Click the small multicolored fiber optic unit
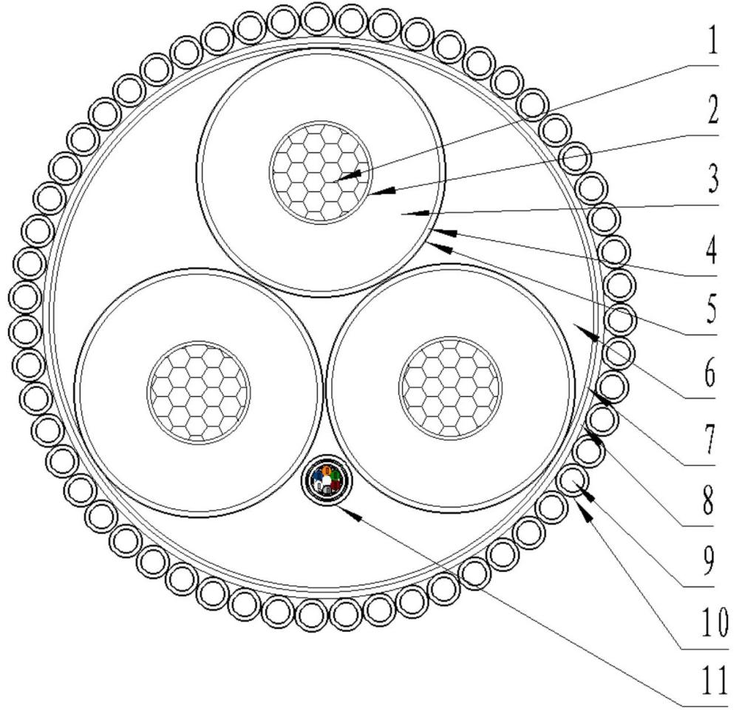(325, 481)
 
